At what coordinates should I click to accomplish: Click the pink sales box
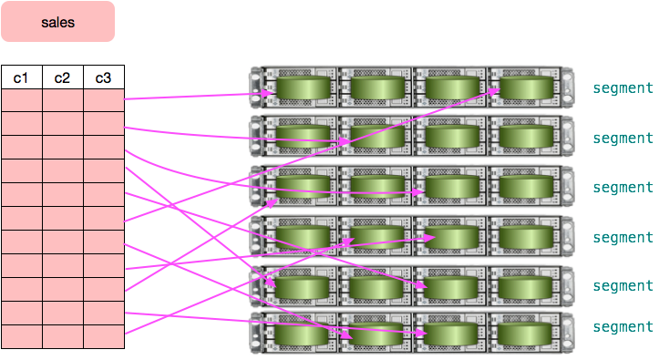[57, 22]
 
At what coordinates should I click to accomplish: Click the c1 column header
[21, 78]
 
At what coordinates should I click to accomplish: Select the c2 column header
[62, 78]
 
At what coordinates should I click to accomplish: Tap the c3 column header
[103, 78]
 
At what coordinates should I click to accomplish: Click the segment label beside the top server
[623, 88]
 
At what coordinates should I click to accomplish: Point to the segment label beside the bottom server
[623, 326]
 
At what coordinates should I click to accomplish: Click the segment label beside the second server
[623, 139]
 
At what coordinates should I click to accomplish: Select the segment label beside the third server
[623, 188]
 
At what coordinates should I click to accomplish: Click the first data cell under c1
[21, 100]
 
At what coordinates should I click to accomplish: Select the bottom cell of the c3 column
[103, 336]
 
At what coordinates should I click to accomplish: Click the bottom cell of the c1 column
[21, 336]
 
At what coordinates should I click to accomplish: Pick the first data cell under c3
[103, 100]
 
